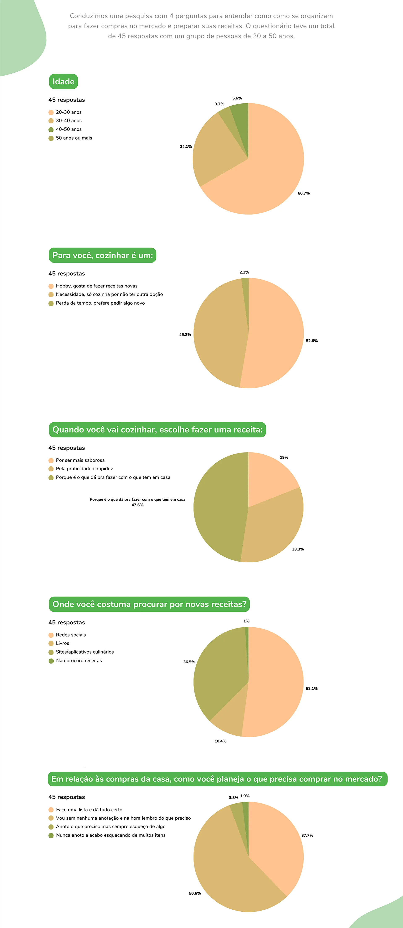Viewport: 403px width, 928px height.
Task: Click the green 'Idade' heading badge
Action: (63, 81)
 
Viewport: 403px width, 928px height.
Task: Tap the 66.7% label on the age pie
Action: (304, 193)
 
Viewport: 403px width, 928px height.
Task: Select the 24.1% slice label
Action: (186, 147)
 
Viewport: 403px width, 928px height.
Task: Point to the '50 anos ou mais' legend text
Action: (74, 138)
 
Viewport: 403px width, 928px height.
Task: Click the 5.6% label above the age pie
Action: (237, 98)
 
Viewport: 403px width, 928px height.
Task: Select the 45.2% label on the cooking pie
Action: (185, 335)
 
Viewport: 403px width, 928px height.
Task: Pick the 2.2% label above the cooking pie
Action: (244, 272)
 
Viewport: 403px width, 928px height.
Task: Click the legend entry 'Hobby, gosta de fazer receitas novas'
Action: (97, 286)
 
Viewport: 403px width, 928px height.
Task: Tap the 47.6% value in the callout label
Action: (137, 505)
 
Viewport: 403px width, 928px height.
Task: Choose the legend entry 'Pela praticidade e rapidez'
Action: (84, 469)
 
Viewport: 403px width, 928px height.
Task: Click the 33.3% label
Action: (298, 549)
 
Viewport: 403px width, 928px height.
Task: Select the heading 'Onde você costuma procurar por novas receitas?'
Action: (149, 604)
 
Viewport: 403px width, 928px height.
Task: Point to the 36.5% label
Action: (189, 662)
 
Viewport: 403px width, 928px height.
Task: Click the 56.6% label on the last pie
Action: (195, 893)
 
